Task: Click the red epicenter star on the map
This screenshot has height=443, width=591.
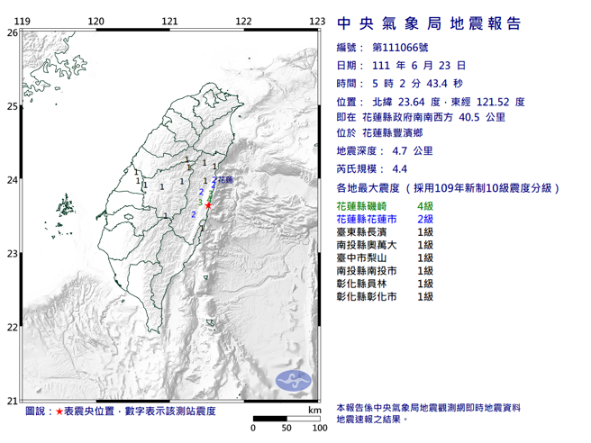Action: pyautogui.click(x=209, y=206)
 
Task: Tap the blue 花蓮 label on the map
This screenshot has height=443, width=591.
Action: pyautogui.click(x=224, y=181)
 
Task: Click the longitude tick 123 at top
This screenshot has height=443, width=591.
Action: pyautogui.click(x=316, y=21)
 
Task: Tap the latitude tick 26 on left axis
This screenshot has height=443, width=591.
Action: pyautogui.click(x=12, y=32)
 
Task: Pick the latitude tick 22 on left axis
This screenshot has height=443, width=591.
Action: pyautogui.click(x=12, y=328)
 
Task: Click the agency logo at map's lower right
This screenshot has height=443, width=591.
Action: pyautogui.click(x=293, y=381)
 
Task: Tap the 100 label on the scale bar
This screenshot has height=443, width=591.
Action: pyautogui.click(x=318, y=428)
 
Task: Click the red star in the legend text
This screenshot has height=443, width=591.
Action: pyautogui.click(x=59, y=411)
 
